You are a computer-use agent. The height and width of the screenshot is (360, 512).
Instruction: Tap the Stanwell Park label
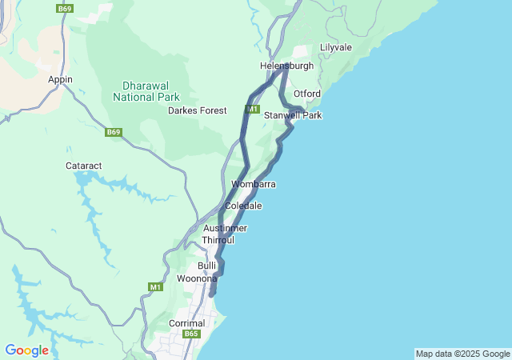pos(293,116)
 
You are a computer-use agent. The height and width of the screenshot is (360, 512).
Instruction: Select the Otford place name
pos(306,94)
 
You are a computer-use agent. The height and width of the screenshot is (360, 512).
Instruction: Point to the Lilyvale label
pos(336,48)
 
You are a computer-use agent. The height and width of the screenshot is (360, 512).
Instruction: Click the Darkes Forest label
pos(197,110)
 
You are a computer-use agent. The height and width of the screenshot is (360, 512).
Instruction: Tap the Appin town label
pos(60,80)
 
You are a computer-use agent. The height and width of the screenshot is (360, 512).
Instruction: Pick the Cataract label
pos(84,166)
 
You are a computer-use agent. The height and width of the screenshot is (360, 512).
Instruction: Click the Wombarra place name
pos(254,185)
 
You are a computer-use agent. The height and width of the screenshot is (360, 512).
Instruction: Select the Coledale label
pos(243,206)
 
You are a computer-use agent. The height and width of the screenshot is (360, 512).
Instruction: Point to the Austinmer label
pos(225,229)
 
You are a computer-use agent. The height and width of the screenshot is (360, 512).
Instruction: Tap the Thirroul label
pos(218,240)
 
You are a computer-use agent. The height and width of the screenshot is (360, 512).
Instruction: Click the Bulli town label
pos(206,266)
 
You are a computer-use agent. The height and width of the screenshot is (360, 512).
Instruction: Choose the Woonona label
pos(196,278)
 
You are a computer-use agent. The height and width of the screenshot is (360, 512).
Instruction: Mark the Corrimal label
pos(187,323)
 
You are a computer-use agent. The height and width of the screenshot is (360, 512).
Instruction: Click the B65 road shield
pos(190,334)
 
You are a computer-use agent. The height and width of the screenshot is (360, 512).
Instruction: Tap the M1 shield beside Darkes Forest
pos(253,109)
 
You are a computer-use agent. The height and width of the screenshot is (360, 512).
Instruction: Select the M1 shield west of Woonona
pos(155,286)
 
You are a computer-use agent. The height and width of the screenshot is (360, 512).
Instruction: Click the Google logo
pos(26,350)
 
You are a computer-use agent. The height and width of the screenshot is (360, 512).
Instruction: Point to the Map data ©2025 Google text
pos(462,354)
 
